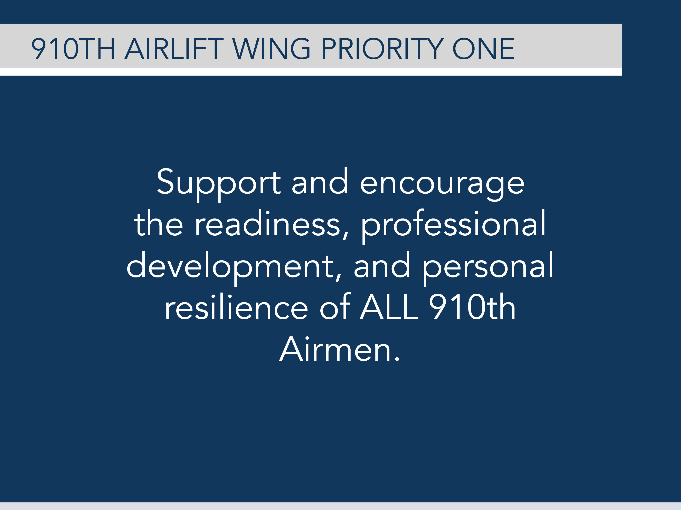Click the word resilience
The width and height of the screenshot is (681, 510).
click(236, 307)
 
